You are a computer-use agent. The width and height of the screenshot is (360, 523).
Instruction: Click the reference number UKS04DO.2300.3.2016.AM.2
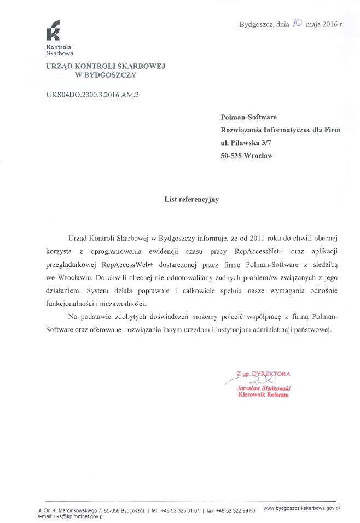tap(92, 95)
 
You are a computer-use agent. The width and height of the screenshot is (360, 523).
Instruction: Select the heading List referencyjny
tap(191, 200)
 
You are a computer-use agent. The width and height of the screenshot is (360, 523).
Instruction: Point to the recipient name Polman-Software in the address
tap(248, 117)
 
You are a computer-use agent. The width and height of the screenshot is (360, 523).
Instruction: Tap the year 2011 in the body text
tap(257, 239)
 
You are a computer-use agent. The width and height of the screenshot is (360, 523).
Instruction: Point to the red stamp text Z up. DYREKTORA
tap(263, 374)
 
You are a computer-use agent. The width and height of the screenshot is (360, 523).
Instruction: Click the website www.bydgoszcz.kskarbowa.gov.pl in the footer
tap(301, 508)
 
